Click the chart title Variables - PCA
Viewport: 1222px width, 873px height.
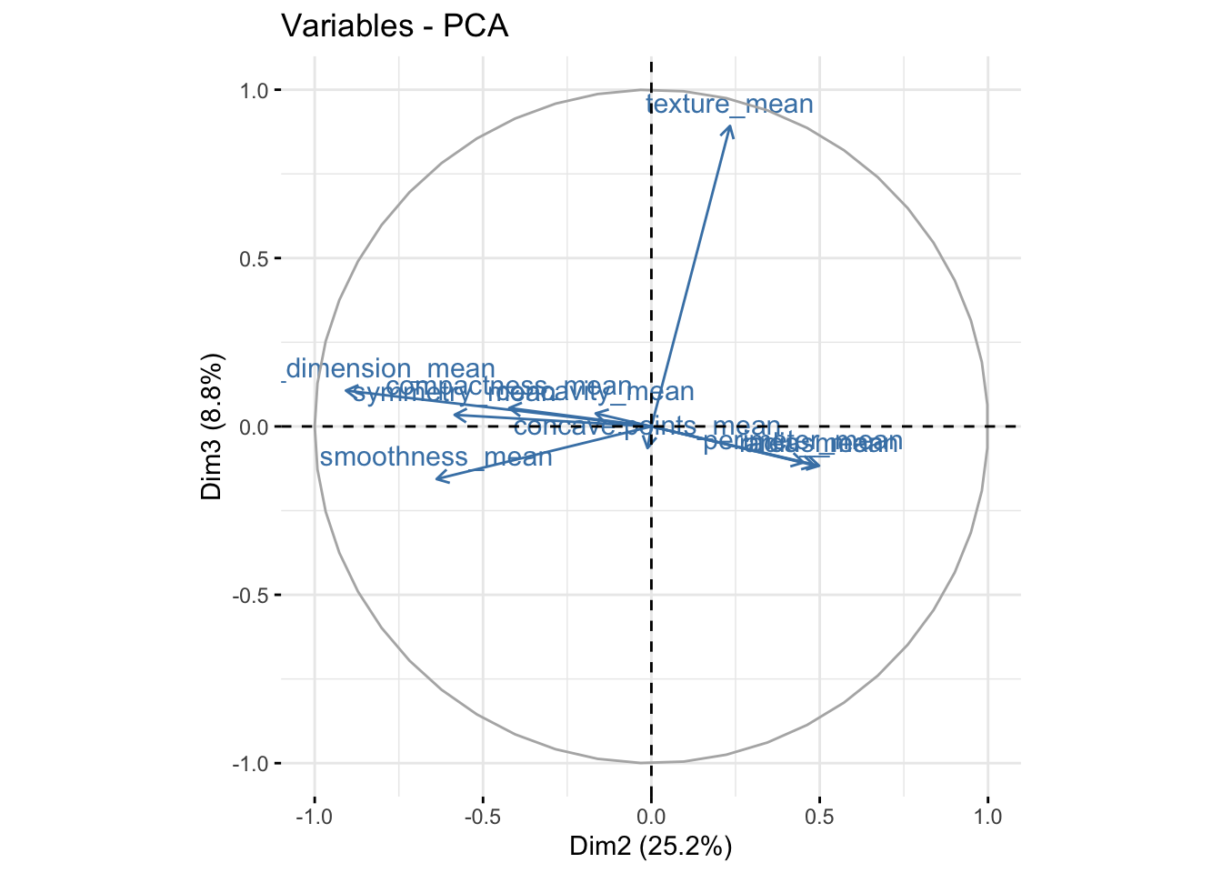(395, 26)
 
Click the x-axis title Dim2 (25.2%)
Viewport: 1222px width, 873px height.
(650, 847)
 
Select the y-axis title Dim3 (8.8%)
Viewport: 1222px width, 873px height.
(212, 426)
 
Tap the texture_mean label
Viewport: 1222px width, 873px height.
(730, 105)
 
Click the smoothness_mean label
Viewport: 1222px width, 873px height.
(436, 457)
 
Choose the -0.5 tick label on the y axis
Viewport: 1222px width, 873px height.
(254, 595)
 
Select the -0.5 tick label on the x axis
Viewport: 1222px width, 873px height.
(481, 817)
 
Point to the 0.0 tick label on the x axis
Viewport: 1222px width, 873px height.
(651, 817)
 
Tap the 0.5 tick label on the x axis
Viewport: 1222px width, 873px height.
(819, 817)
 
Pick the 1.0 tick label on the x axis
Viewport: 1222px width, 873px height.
(988, 817)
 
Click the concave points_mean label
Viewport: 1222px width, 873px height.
(646, 426)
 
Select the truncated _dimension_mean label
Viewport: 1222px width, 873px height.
(388, 369)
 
